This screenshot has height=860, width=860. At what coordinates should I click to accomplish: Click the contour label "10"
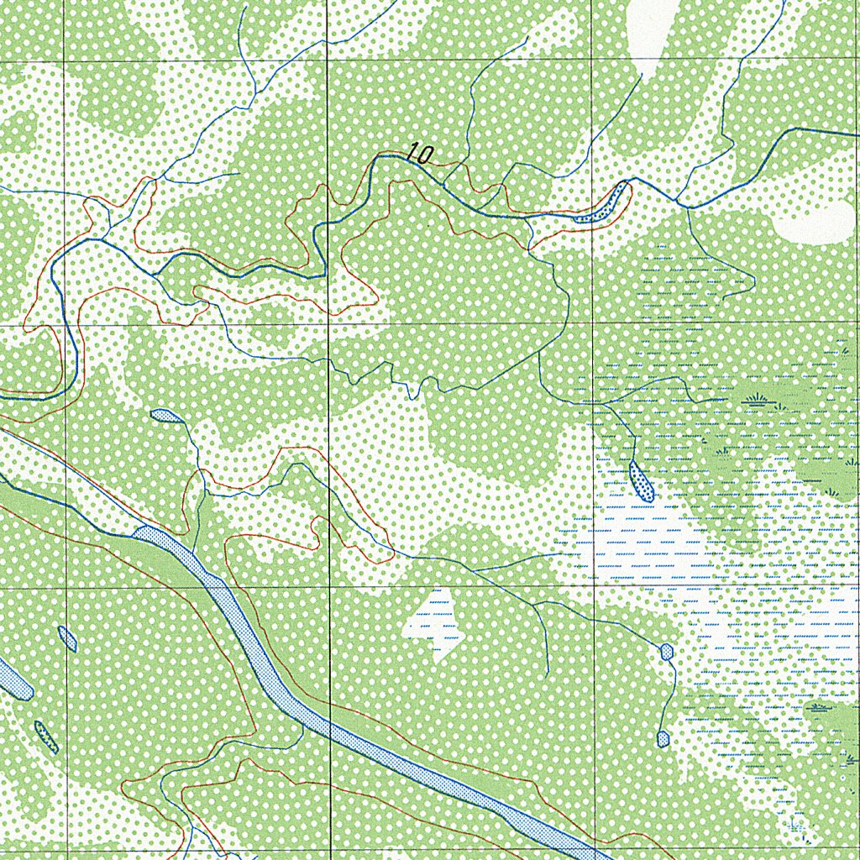click(420, 154)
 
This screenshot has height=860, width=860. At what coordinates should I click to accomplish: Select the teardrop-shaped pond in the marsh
click(642, 481)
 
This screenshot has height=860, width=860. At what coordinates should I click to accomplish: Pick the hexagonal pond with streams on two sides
click(666, 651)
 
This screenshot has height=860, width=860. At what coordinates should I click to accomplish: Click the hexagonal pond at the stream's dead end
click(663, 739)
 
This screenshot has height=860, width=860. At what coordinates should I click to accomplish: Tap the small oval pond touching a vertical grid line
click(67, 638)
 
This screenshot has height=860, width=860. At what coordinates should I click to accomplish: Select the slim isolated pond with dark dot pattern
click(45, 736)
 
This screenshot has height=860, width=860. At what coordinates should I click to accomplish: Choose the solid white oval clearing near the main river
click(811, 223)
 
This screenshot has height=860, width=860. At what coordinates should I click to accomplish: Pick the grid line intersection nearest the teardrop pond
click(594, 587)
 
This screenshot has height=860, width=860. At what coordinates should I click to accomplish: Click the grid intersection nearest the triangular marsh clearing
click(328, 587)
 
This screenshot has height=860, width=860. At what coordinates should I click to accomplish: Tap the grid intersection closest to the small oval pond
click(65, 587)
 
